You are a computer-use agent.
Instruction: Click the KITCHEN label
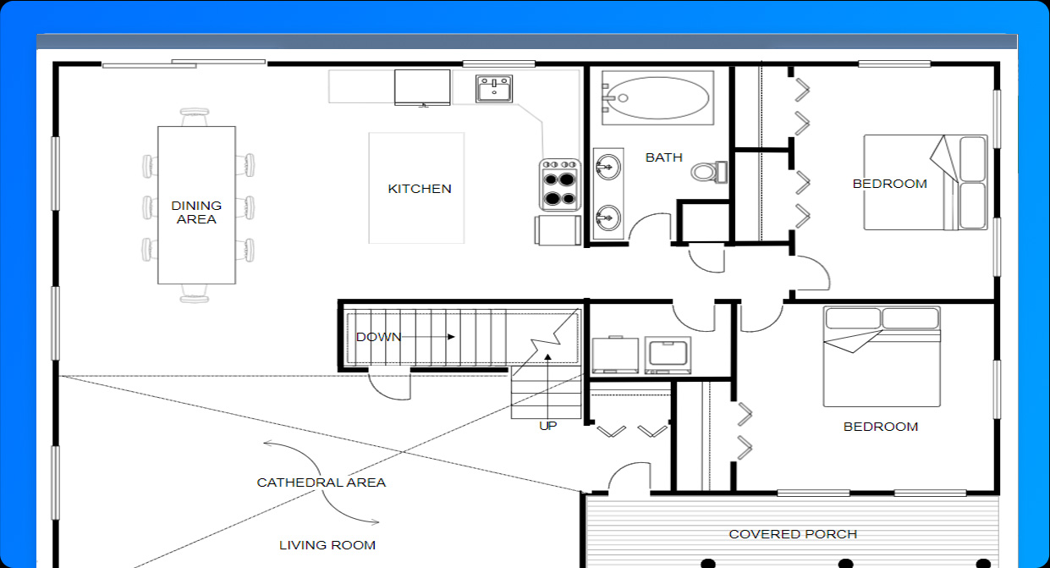coord(420,189)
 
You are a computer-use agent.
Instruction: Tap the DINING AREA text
coord(196,212)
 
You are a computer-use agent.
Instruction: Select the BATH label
coord(663,157)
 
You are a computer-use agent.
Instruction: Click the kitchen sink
coord(494,89)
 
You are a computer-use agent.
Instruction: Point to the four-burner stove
coord(560,185)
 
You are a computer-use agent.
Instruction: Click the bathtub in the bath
coord(657,98)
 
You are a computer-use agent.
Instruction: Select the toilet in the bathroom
coord(709,172)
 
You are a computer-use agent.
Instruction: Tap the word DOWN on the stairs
coord(379,337)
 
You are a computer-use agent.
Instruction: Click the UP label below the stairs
coord(548,426)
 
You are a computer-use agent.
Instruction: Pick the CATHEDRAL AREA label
coord(322,483)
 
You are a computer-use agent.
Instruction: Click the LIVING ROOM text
coord(327,545)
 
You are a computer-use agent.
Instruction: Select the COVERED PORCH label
coord(793,534)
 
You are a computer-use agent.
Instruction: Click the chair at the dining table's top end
coord(194,117)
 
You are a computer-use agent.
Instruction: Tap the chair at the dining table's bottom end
coord(194,294)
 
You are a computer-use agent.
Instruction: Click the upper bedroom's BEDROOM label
coord(890,184)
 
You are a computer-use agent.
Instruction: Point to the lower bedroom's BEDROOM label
coord(881,427)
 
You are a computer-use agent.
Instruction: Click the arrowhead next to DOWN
coord(451,337)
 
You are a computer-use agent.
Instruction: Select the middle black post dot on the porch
coord(845,563)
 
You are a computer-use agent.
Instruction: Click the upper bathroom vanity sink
coord(608,167)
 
